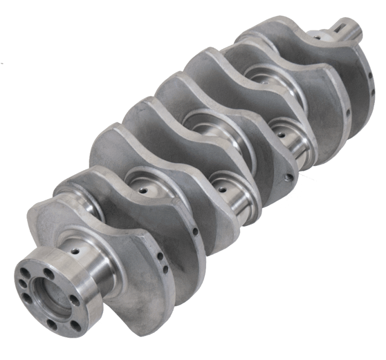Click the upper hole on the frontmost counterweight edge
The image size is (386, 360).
click(x=369, y=76)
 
